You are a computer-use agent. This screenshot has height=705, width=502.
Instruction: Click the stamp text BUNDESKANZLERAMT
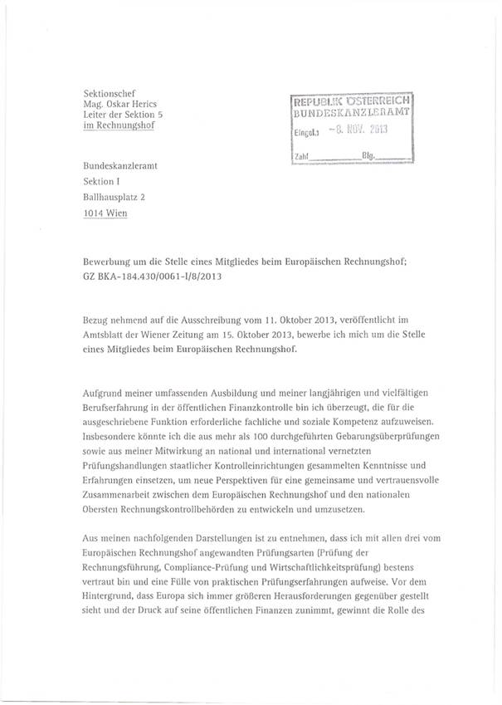356,111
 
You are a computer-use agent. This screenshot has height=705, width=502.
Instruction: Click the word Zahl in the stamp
303,155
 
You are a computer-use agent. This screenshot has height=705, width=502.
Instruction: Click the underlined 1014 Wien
112,213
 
